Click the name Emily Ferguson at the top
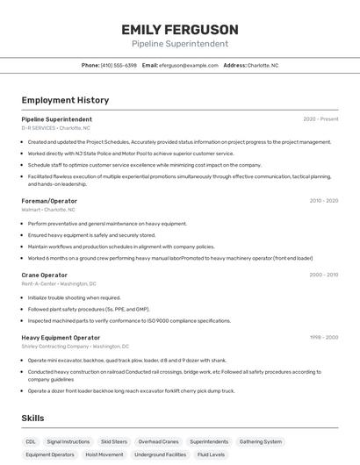[180, 30]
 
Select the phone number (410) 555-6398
[119, 65]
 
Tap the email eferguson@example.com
[188, 65]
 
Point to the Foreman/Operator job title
[49, 201]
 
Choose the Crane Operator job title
[44, 275]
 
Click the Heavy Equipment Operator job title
[61, 337]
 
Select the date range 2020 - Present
[320, 119]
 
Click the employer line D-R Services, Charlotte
[55, 128]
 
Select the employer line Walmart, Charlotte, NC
[48, 210]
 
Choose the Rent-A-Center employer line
[59, 283]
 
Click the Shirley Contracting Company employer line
[75, 346]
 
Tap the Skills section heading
[32, 418]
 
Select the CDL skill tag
[31, 441]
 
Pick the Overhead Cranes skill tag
[159, 441]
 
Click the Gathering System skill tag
[261, 441]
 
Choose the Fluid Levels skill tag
[211, 454]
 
